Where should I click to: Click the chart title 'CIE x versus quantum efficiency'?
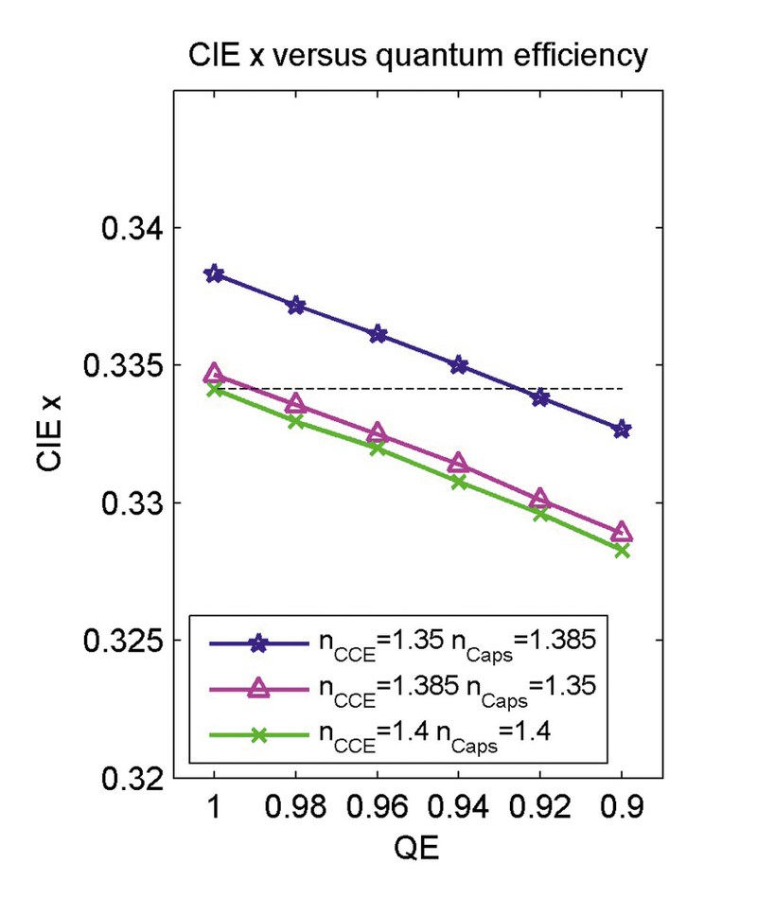[x=417, y=57]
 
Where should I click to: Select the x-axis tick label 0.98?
[x=295, y=806]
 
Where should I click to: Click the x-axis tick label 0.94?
[x=459, y=806]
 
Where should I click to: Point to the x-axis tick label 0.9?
[x=622, y=806]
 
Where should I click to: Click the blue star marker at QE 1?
[x=214, y=274]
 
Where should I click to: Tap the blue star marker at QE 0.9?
[x=622, y=430]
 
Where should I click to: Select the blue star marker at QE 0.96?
[x=378, y=335]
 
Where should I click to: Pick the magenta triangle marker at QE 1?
[x=214, y=373]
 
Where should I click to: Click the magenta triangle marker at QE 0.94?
[x=459, y=463]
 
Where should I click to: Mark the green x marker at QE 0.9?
[x=622, y=550]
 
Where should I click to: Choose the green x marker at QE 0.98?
[x=295, y=421]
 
